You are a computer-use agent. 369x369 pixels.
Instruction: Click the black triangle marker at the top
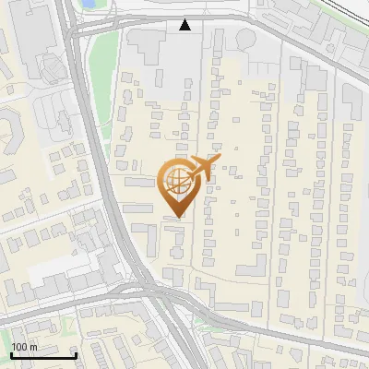click(x=185, y=26)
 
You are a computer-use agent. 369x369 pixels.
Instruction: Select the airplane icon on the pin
click(x=201, y=169)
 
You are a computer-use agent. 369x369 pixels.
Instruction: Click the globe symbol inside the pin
click(x=175, y=181)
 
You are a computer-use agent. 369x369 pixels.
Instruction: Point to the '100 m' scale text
click(x=25, y=347)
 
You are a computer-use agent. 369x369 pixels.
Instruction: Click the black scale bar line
click(x=43, y=355)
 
